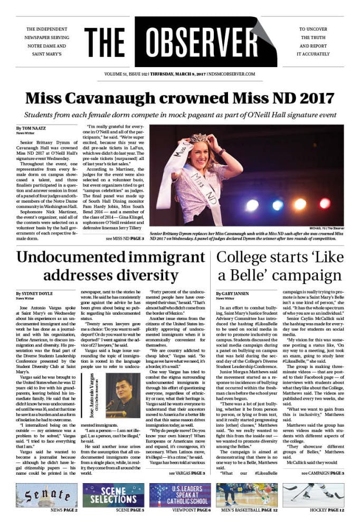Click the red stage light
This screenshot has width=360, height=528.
[x=325, y=203]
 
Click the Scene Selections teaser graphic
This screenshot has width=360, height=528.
[x=113, y=495]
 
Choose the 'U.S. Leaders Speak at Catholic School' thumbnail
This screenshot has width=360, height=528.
[x=180, y=495]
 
